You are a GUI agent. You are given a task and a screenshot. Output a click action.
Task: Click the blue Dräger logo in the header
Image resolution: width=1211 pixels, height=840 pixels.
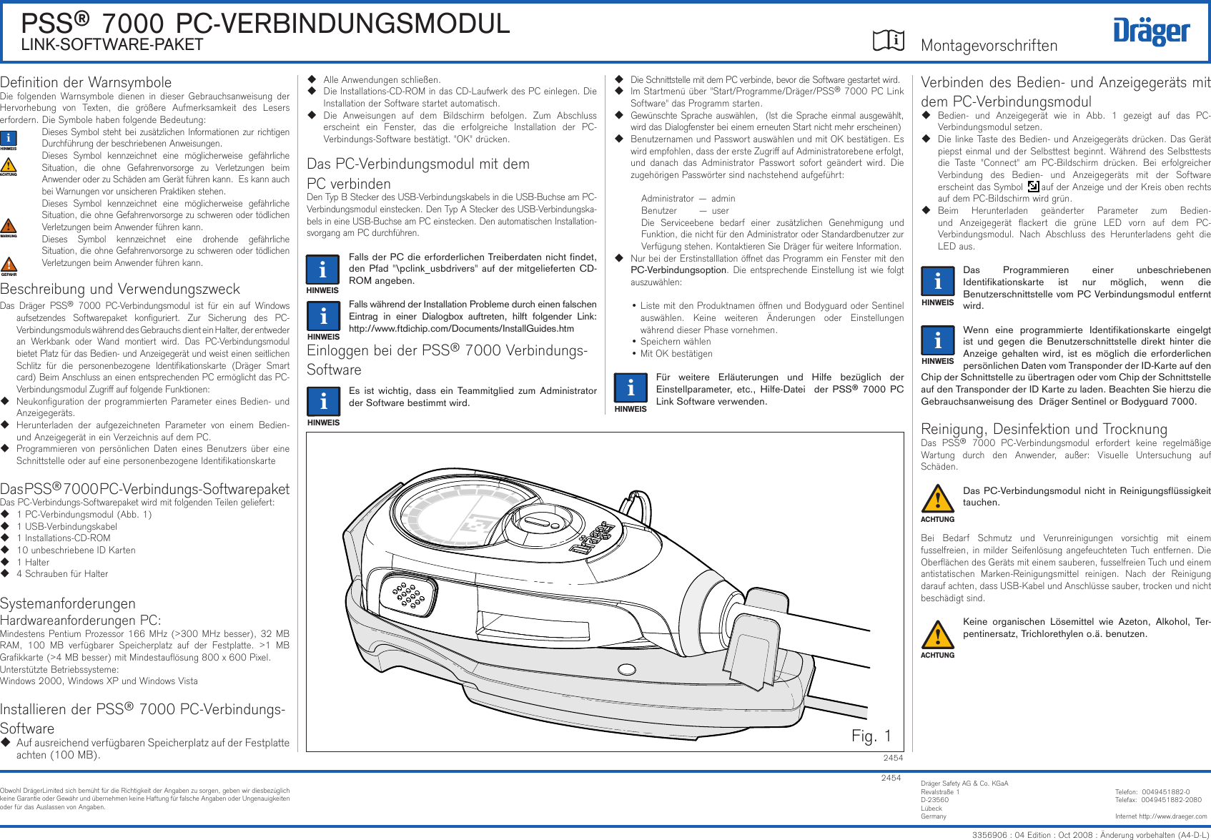(x=1151, y=32)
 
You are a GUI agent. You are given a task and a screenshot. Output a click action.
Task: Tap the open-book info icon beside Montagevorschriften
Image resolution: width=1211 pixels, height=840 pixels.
(x=889, y=41)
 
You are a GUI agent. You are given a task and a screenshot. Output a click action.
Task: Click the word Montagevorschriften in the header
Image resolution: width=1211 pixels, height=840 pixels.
(x=989, y=46)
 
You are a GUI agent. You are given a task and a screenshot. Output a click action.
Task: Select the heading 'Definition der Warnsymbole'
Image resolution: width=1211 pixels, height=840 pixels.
(x=86, y=82)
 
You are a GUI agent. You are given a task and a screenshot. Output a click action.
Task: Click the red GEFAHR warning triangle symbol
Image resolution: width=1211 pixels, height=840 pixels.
(x=9, y=265)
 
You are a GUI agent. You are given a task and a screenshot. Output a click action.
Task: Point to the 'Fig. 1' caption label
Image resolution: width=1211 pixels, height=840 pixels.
(x=871, y=736)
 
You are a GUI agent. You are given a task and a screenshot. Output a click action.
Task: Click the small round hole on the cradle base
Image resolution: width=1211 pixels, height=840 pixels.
(x=626, y=670)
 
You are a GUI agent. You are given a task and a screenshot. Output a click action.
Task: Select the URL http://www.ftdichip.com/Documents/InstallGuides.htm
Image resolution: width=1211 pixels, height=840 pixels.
(x=461, y=329)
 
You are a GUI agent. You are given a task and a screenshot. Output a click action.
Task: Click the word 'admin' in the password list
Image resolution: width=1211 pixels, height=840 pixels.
(x=723, y=199)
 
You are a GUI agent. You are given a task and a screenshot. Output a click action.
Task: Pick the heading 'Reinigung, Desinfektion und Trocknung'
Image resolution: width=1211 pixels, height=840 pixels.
(x=1044, y=429)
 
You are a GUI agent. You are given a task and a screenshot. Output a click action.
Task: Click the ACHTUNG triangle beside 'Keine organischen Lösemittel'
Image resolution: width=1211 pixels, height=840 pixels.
(x=937, y=634)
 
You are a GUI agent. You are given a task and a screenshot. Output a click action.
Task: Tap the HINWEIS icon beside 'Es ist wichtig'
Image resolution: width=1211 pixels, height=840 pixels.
(x=323, y=402)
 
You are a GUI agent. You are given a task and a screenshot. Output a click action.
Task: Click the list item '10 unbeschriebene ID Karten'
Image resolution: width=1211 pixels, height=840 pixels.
(x=76, y=550)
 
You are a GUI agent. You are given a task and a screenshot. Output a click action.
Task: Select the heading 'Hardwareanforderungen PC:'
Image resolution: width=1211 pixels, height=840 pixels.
(x=80, y=621)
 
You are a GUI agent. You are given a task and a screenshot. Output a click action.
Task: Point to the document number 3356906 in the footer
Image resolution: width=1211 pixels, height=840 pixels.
(x=989, y=835)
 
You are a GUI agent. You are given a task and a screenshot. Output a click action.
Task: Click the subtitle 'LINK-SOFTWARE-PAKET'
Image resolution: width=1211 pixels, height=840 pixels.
(x=112, y=45)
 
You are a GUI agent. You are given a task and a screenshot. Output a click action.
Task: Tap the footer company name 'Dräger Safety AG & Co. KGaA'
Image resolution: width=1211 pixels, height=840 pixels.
(x=964, y=784)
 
